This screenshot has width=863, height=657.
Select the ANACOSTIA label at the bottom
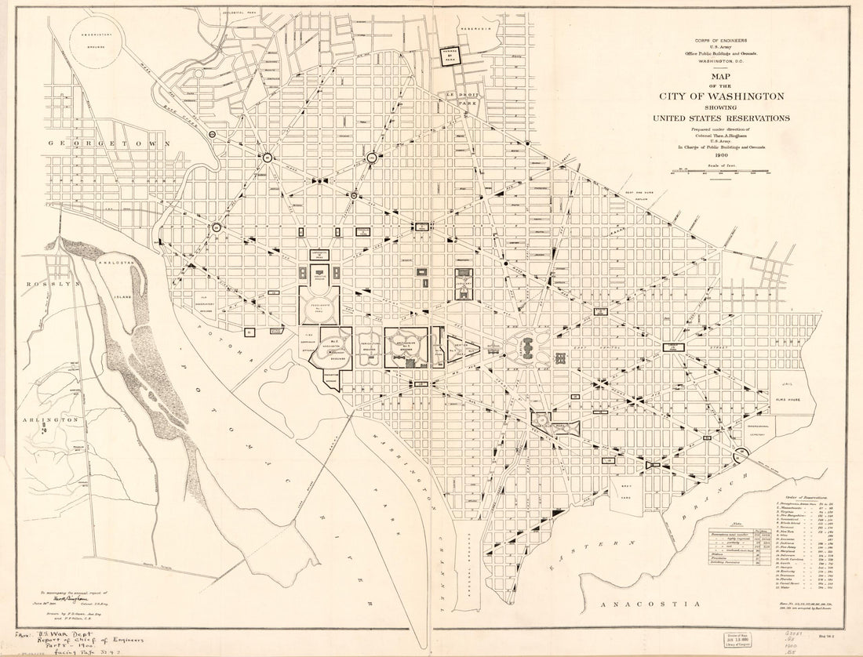[x=648, y=604]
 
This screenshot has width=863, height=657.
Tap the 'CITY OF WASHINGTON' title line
[x=722, y=96]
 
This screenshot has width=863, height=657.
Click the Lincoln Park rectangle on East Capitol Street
[x=674, y=346]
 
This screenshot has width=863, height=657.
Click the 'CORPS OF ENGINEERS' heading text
[x=720, y=39]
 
